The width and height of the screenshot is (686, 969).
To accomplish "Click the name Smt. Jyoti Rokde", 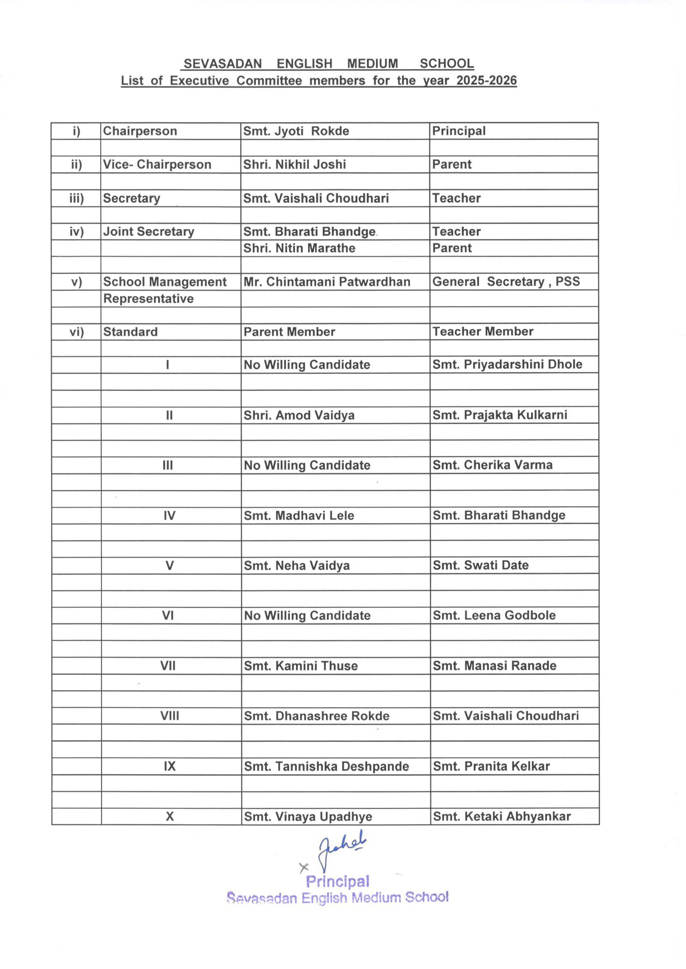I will (x=296, y=131).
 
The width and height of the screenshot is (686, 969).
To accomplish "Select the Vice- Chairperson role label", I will (x=157, y=164).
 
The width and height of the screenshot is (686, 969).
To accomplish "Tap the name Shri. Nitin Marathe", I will (x=299, y=248).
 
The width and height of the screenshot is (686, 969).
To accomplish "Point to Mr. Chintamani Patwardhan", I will (x=326, y=282).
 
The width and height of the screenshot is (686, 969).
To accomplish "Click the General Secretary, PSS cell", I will (x=506, y=281).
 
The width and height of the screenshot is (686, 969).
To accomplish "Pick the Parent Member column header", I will (x=289, y=331).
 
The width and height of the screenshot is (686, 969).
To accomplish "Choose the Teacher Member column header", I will (x=483, y=331).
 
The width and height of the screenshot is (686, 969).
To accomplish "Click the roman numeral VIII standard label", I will (x=169, y=716).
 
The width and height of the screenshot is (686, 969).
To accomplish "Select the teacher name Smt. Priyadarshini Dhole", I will (x=507, y=364).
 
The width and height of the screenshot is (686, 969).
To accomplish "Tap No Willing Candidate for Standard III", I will (x=307, y=465).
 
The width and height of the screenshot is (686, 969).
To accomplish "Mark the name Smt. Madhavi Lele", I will (x=299, y=515).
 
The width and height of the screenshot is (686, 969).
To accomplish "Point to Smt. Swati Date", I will (x=480, y=565).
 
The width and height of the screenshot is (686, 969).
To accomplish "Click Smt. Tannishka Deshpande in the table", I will (x=326, y=766).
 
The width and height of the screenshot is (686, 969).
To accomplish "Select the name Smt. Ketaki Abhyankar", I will (x=501, y=816).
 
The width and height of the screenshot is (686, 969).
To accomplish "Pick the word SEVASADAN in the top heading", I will (x=222, y=64).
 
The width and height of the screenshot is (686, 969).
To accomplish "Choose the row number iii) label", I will (x=77, y=198).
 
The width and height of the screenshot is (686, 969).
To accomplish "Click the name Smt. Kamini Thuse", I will (x=300, y=666).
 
